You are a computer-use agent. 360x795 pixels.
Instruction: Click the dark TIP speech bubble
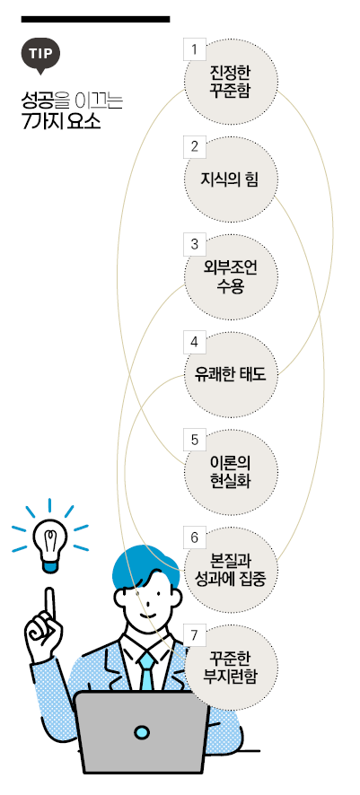coord(40,55)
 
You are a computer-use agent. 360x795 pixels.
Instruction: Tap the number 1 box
coord(194,48)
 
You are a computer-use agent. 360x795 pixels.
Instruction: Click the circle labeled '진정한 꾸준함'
coord(231,80)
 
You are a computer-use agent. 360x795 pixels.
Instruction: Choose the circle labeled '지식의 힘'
coord(231,179)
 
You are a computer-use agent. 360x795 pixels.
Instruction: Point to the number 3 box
coord(194,245)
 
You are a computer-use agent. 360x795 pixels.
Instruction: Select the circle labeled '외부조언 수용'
coord(231,277)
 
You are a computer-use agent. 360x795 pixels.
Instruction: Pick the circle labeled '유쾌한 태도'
coord(231,375)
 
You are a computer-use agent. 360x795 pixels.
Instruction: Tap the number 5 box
coord(194,440)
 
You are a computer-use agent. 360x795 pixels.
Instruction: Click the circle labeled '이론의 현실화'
coord(231,472)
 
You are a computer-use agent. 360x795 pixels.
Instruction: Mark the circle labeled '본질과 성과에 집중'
coord(231,570)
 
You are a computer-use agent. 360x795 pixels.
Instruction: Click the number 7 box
coord(194,634)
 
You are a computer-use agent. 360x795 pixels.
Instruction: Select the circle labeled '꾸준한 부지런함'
coord(231,668)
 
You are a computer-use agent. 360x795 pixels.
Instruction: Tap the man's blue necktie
coord(147,670)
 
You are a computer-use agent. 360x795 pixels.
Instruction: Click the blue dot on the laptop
coord(142,731)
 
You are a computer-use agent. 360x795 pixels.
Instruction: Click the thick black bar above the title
coord(95,19)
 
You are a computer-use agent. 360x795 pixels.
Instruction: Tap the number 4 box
coord(194,342)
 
